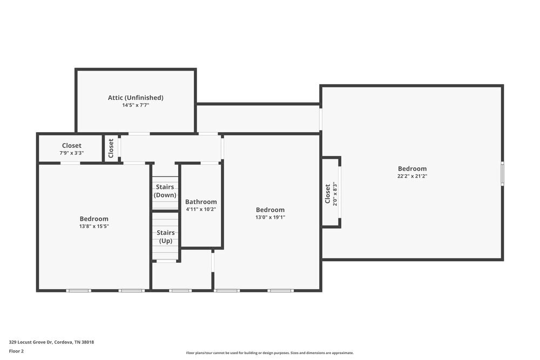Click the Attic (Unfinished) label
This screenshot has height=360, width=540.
pyautogui.click(x=136, y=98)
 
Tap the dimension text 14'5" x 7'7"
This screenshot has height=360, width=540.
pyautogui.click(x=136, y=105)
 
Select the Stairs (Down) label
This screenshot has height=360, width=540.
pyautogui.click(x=165, y=191)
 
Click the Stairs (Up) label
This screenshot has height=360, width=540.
pyautogui.click(x=165, y=236)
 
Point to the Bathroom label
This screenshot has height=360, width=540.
pyautogui.click(x=201, y=202)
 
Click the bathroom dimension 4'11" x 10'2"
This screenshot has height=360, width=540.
pyautogui.click(x=201, y=209)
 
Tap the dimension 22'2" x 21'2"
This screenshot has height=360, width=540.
pyautogui.click(x=412, y=176)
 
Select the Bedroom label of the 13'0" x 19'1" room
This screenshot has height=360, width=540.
pyautogui.click(x=270, y=210)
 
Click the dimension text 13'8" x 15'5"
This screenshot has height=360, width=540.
pyautogui.click(x=94, y=226)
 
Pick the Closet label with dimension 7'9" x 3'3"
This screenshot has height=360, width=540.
pyautogui.click(x=71, y=146)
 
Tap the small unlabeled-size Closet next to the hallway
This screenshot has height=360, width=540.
pyautogui.click(x=111, y=148)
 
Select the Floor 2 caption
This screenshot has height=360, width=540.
pyautogui.click(x=16, y=351)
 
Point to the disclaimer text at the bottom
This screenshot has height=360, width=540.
pyautogui.click(x=270, y=352)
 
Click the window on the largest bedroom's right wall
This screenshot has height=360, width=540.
pyautogui.click(x=502, y=174)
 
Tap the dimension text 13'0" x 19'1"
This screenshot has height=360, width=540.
pyautogui.click(x=270, y=218)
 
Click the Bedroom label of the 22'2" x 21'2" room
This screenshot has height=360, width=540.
pyautogui.click(x=412, y=168)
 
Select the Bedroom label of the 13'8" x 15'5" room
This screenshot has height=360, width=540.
pyautogui.click(x=94, y=219)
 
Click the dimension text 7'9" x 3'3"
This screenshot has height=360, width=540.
pyautogui.click(x=71, y=153)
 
